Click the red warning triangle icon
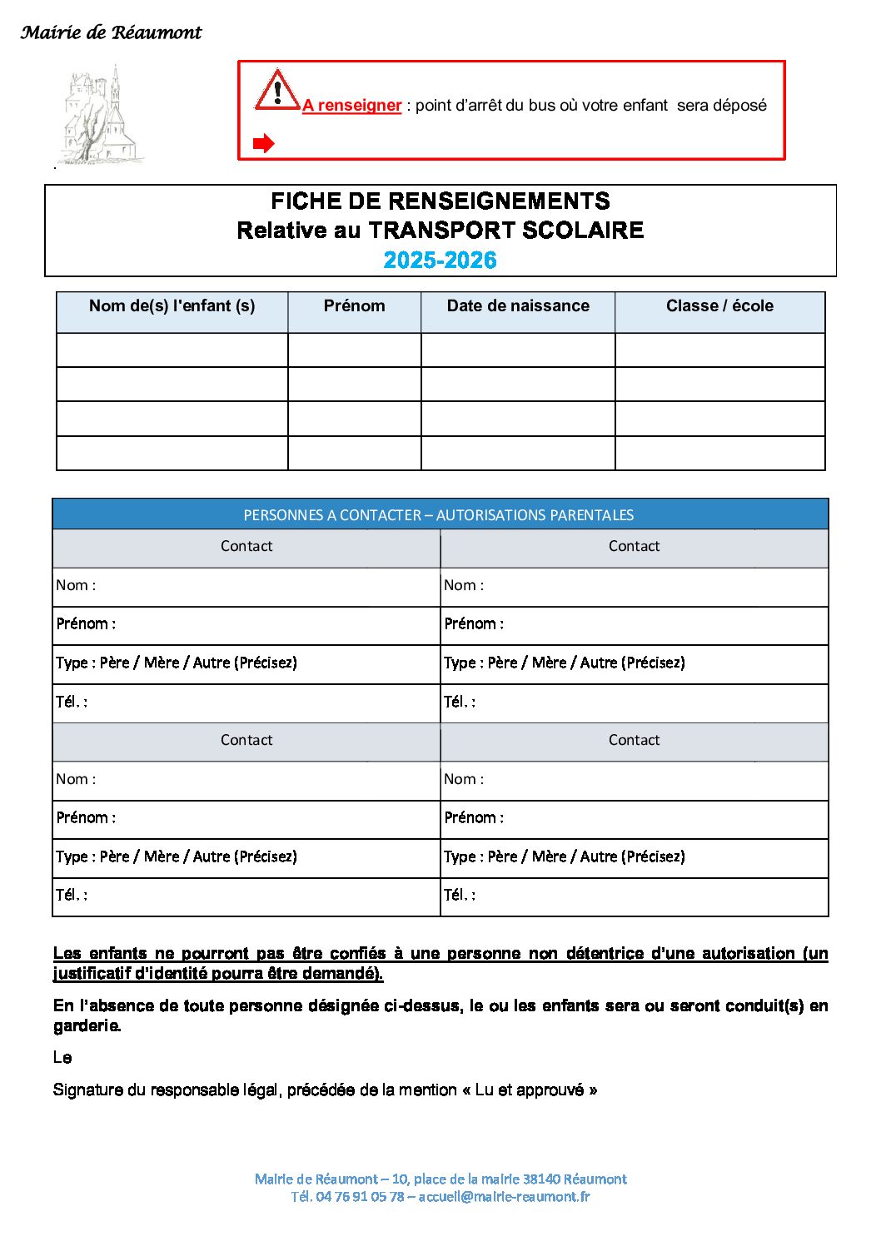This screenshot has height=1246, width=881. [x=276, y=90]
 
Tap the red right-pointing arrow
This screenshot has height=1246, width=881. [x=263, y=144]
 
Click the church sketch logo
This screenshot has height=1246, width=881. [x=100, y=117]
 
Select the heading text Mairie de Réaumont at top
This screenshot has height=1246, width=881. [x=111, y=32]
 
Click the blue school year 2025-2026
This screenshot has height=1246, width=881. [x=440, y=261]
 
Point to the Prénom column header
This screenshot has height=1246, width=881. [x=354, y=306]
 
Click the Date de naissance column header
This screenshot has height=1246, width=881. [x=518, y=306]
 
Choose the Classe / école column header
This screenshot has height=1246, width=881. [x=719, y=306]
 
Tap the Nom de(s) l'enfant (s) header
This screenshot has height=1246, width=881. [x=172, y=306]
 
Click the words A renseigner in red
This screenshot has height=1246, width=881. [x=352, y=106]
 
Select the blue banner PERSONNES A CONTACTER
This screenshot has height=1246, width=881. [x=439, y=515]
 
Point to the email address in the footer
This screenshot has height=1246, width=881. [x=504, y=1197]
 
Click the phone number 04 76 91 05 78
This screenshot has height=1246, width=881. [x=360, y=1197]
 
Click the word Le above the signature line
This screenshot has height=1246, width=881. [x=62, y=1058]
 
